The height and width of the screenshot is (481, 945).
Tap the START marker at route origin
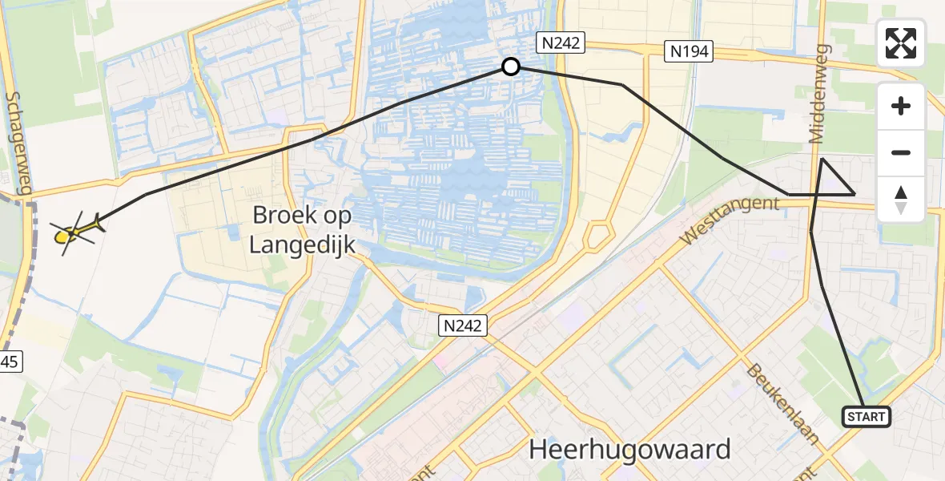[x=866, y=417]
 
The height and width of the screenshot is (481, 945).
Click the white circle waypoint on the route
[x=510, y=67]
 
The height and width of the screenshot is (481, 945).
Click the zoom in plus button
[x=901, y=106]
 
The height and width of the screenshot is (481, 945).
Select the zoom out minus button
[x=901, y=152]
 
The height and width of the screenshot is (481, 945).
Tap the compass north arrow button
[x=901, y=199]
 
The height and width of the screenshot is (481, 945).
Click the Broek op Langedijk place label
[x=304, y=229]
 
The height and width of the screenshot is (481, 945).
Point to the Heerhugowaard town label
[x=629, y=449]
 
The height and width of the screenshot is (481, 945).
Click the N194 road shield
[x=688, y=52]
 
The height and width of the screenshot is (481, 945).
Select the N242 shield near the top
[x=561, y=42]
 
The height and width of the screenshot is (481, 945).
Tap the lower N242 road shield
[x=462, y=325]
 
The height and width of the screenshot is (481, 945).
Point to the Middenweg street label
[x=821, y=95]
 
